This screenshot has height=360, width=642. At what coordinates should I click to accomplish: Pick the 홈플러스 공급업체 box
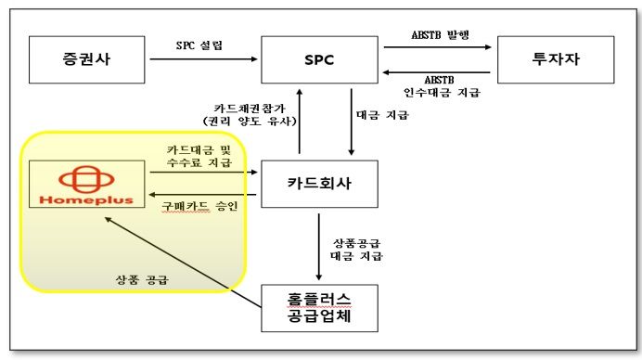click(319, 308)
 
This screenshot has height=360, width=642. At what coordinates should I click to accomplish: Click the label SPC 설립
click(199, 45)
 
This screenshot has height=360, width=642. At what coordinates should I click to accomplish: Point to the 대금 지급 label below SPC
click(383, 116)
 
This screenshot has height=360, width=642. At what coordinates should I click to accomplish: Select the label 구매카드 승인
click(199, 204)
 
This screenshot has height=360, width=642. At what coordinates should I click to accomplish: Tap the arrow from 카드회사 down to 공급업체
click(319, 246)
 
